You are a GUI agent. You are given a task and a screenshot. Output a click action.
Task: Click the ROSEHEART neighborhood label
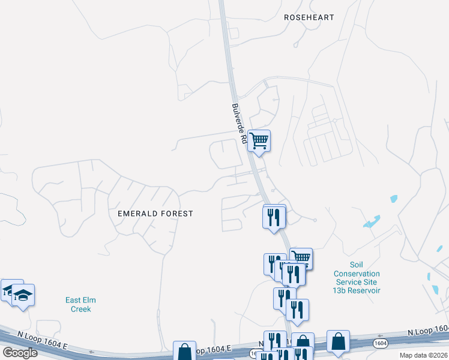tap(309, 17)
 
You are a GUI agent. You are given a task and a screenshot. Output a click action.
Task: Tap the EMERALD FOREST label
tap(155, 214)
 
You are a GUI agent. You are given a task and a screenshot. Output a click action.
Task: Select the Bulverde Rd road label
tap(240, 123)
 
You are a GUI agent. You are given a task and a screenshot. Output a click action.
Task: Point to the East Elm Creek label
tap(80, 304)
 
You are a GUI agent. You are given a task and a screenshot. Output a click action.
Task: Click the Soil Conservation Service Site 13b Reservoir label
tap(357, 278)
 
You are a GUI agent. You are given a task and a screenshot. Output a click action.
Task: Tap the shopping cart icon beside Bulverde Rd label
tap(259, 142)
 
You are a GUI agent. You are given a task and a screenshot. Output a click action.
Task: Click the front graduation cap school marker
tap(23, 295)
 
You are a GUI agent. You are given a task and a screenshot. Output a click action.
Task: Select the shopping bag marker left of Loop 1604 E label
tap(184, 351)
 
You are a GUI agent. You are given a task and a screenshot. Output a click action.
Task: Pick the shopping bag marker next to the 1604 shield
tap(339, 341)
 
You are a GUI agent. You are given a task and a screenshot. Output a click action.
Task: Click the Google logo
tap(20, 352)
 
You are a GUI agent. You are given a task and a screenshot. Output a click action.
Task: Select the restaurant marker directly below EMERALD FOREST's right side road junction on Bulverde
tap(274, 217)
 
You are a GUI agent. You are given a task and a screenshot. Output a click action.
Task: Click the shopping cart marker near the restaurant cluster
tap(301, 258)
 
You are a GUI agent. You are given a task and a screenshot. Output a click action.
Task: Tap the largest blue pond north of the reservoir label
tap(372, 221)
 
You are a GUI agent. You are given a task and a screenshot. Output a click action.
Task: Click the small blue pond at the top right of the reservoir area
tap(394, 199)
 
